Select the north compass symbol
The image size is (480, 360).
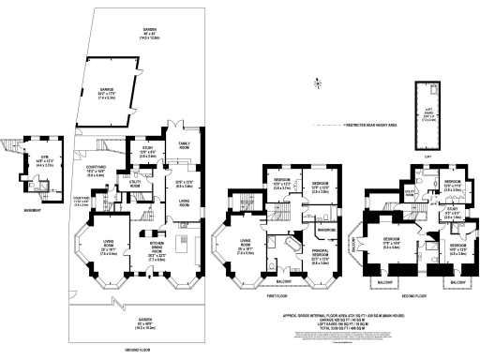(x=319, y=85)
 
